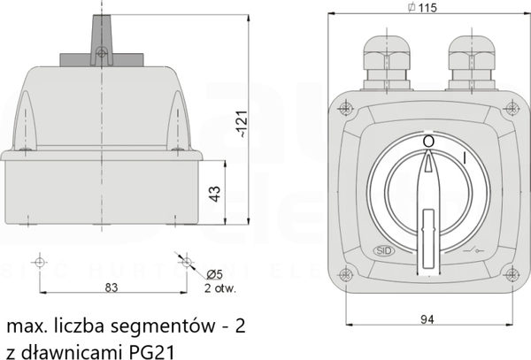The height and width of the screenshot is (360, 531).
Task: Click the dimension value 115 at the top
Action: [x=427, y=7]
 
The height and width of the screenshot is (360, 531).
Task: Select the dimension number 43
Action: [x=215, y=194]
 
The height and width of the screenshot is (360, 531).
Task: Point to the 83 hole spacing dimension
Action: [x=112, y=287]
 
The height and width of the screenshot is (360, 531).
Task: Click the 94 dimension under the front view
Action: [x=427, y=319]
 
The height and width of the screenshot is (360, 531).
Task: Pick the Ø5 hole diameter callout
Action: [x=214, y=274]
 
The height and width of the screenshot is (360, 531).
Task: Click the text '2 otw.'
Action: [x=219, y=288]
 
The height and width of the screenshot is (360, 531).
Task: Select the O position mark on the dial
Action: [x=428, y=142]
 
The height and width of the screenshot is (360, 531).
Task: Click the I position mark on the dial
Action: [x=465, y=158]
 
